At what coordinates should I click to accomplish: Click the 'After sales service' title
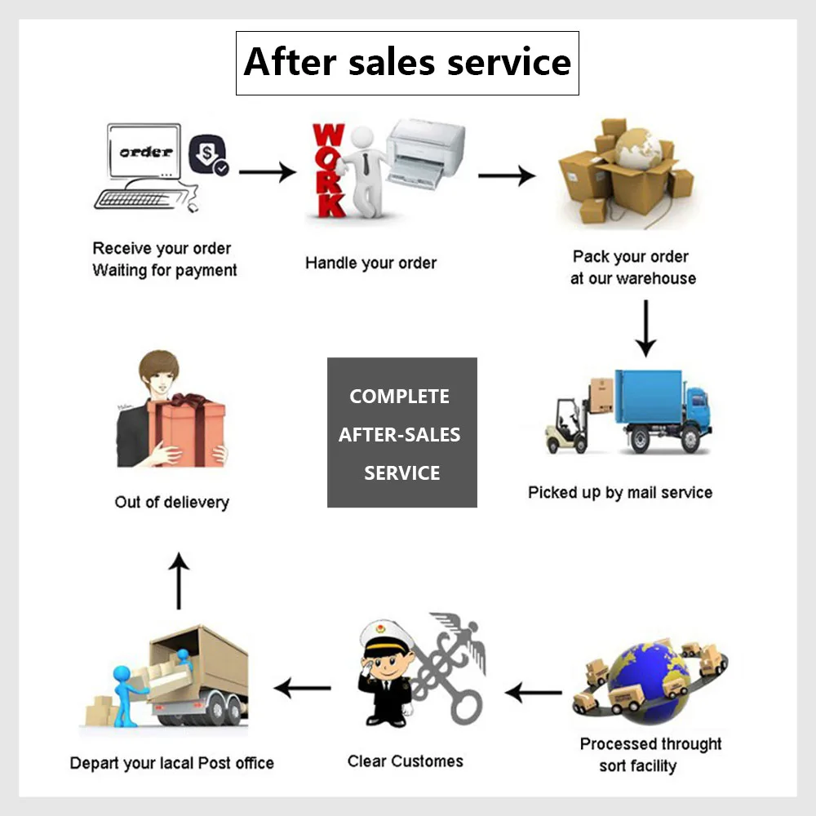coord(407,63)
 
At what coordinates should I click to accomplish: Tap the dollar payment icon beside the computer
coord(208,156)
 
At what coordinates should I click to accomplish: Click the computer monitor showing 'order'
coord(144,152)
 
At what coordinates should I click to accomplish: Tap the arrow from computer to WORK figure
coord(267,172)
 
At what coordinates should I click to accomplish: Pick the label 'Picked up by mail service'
coord(620,493)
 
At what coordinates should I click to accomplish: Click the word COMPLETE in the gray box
coord(400,397)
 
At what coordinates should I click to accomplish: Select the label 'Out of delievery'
coord(171,502)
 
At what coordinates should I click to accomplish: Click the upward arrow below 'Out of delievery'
coord(179,580)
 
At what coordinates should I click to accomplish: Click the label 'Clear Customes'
coord(405,761)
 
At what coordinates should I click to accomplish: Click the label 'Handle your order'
coord(370,263)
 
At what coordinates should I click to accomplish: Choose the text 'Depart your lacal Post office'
coord(172,764)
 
